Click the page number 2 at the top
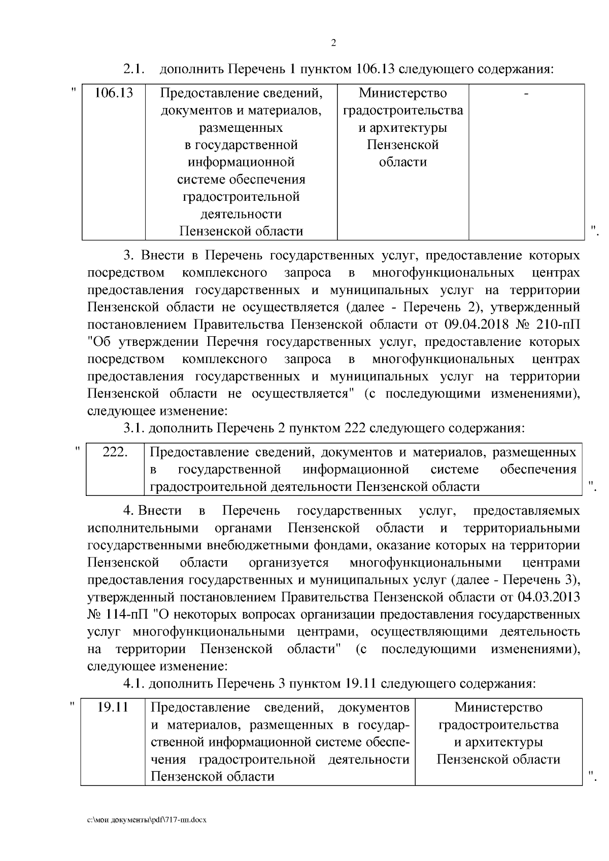tap(333, 44)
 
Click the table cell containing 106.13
tap(114, 93)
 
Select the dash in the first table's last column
tap(526, 93)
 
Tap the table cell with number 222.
tap(115, 452)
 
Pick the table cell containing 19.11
tap(113, 707)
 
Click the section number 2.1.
tap(135, 68)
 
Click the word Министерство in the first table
tap(403, 93)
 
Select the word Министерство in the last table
tap(498, 707)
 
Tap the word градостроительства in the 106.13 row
tap(403, 111)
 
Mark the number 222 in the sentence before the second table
tap(355, 428)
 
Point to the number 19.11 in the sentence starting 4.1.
tap(360, 684)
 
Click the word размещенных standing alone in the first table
tap(241, 128)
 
